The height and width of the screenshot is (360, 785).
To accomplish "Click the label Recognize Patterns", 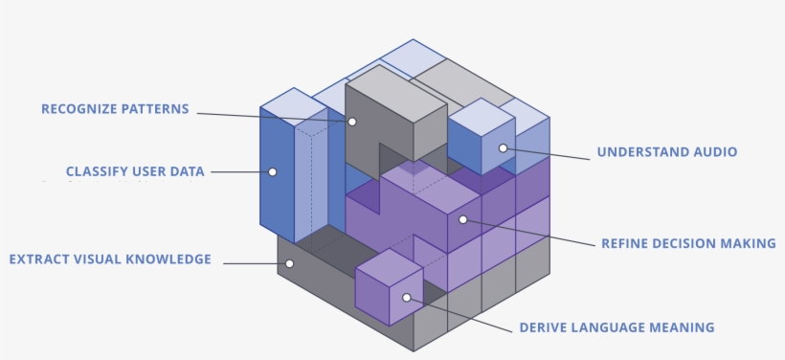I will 115,109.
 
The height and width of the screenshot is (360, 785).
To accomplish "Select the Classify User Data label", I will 135,171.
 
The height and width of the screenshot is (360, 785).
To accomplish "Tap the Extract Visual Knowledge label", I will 110,259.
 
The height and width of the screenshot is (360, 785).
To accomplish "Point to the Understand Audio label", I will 667,151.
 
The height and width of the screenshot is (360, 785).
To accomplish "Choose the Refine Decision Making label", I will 687,243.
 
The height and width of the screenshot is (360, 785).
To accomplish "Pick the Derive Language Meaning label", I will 617,327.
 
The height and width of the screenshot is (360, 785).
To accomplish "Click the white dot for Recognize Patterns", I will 352,122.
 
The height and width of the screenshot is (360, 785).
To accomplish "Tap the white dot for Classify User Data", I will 272,172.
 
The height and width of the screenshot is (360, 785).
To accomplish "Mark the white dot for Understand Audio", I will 501,147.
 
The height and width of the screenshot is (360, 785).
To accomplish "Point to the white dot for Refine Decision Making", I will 462,219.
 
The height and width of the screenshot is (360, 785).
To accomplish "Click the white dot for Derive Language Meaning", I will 407,297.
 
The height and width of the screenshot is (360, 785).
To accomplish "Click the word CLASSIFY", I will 94,171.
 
